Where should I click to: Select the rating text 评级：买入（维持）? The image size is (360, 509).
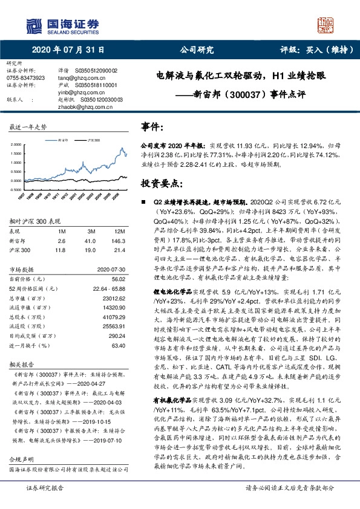312,51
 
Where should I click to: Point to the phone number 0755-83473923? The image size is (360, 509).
25,77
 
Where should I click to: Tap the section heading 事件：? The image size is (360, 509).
152,127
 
